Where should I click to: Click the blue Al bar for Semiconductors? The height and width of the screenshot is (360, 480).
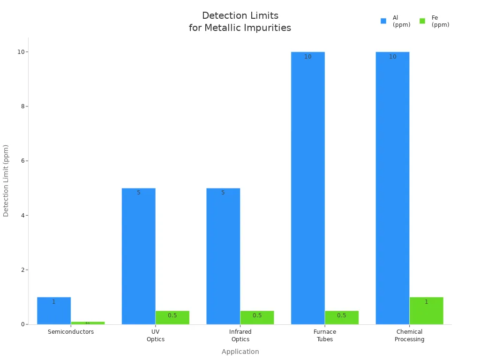[54, 310]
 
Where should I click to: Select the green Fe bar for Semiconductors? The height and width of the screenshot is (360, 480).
[88, 323]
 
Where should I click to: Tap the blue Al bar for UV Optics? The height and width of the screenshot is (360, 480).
[138, 256]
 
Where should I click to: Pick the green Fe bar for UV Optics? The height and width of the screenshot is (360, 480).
[172, 317]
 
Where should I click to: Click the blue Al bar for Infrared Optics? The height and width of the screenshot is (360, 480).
[223, 256]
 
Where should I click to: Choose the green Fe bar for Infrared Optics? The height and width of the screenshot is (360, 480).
[257, 317]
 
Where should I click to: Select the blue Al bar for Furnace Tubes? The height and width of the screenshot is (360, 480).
[307, 187]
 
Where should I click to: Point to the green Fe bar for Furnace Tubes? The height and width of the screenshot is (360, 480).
[342, 317]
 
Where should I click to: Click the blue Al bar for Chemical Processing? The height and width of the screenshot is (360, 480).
[392, 187]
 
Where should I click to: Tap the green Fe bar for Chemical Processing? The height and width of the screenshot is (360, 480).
[426, 310]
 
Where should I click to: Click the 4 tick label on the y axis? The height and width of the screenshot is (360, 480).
[22, 216]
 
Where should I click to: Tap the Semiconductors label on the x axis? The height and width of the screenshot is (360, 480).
[71, 332]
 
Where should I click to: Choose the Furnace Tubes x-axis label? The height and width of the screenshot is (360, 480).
[325, 335]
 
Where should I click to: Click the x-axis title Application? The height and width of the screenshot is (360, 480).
[240, 352]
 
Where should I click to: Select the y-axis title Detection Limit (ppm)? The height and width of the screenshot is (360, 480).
[6, 180]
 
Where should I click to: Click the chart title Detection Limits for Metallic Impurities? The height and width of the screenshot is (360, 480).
[240, 22]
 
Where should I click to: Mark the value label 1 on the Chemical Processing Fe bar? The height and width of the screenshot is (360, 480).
[426, 302]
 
